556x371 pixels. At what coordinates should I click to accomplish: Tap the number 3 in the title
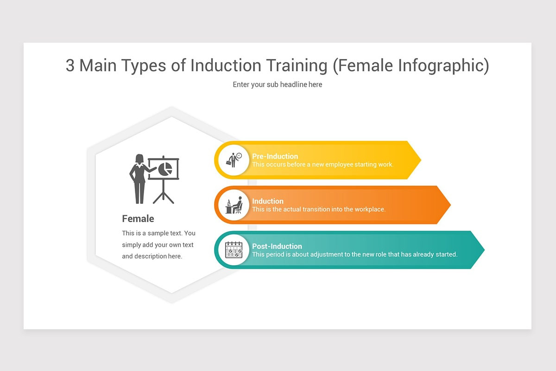(x=70, y=66)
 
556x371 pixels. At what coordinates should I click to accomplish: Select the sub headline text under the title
(x=277, y=84)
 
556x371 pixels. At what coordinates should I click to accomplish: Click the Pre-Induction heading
(x=275, y=156)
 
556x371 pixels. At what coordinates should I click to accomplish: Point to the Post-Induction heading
(x=277, y=246)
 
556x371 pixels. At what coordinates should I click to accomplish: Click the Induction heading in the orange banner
(x=267, y=201)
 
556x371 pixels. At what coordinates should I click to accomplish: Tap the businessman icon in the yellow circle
(x=234, y=160)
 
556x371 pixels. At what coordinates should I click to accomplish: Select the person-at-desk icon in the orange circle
(x=234, y=205)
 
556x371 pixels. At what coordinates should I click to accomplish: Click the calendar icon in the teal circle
(x=234, y=250)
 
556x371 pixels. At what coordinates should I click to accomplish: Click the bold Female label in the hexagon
(x=138, y=218)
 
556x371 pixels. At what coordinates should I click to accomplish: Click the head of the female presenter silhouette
(x=139, y=159)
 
